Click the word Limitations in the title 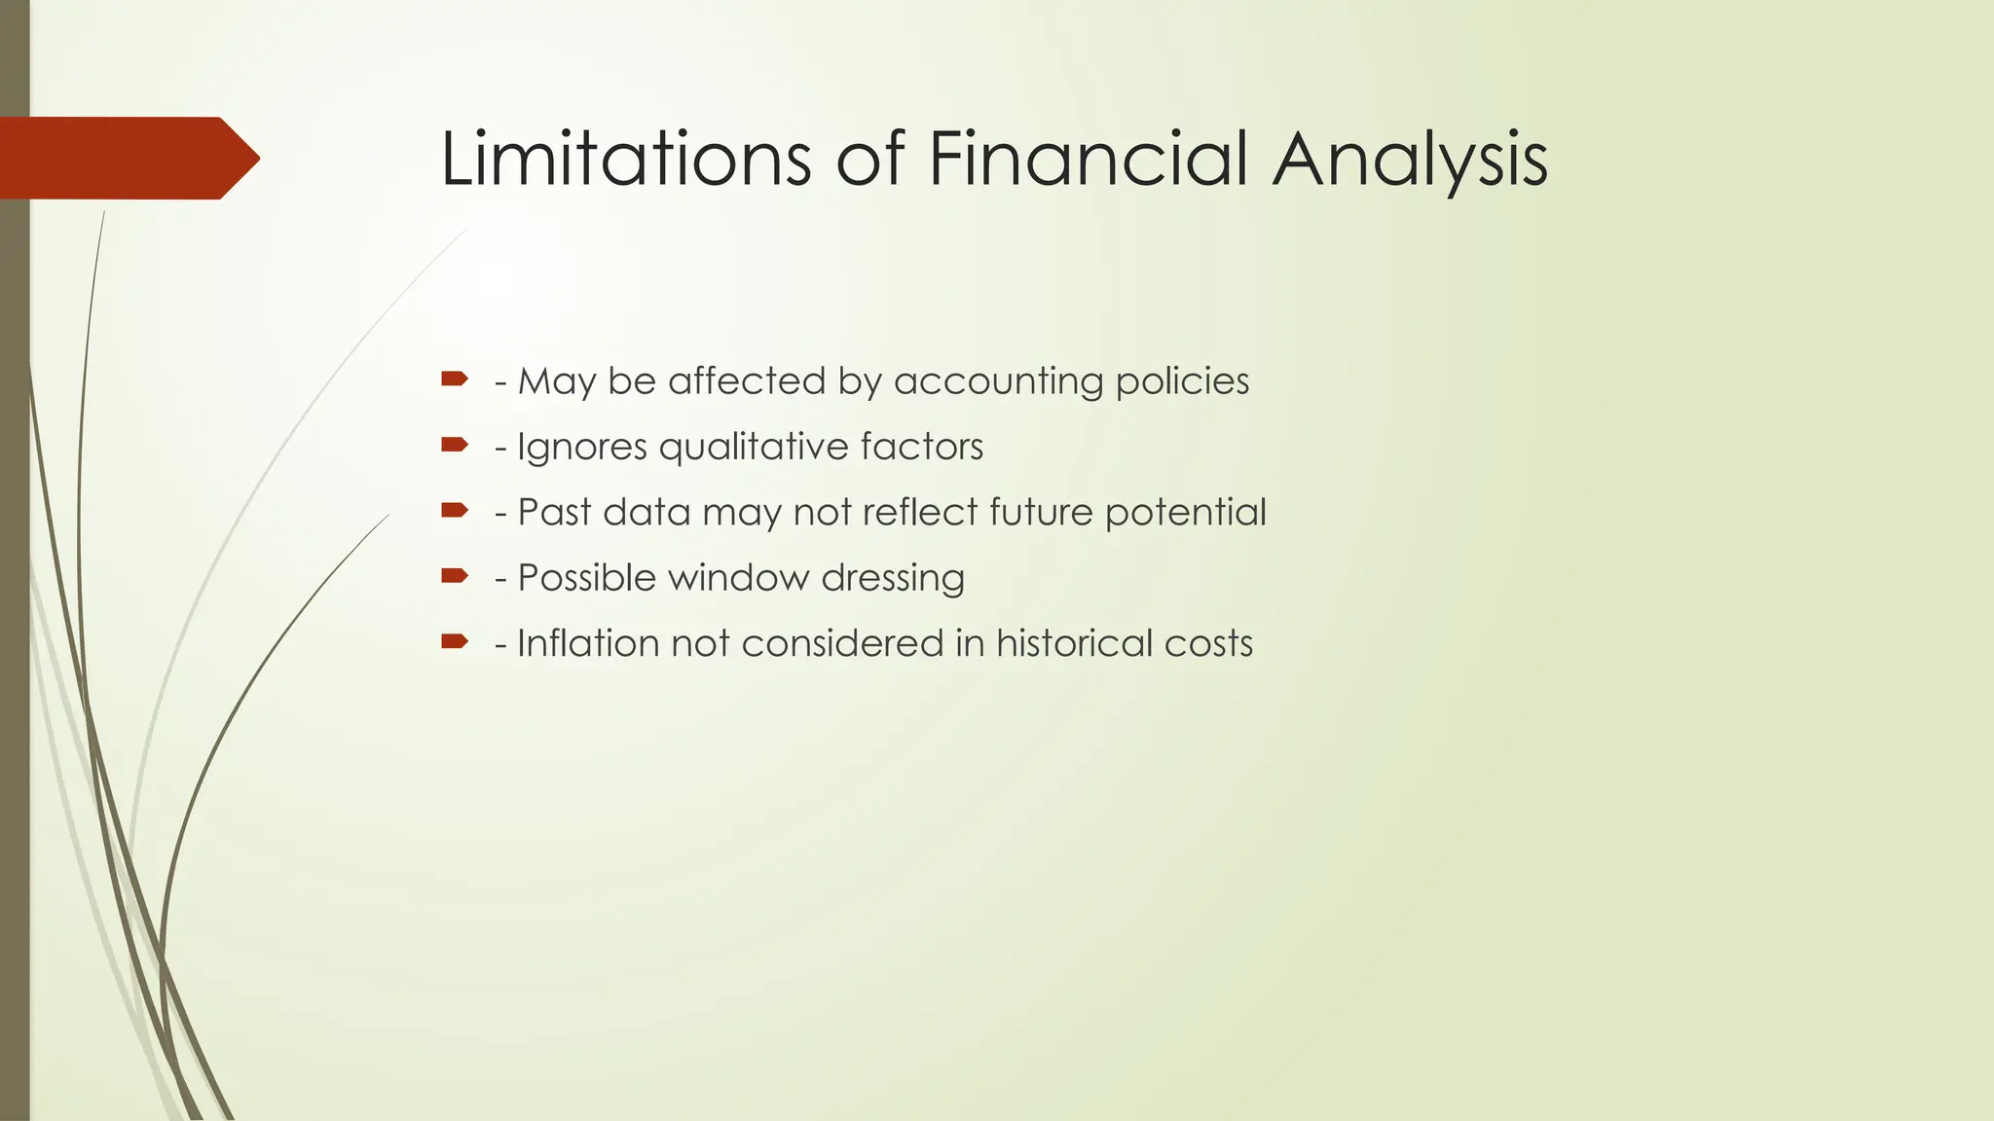(625, 159)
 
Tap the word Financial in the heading (1088, 159)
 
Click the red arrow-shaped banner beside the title (127, 158)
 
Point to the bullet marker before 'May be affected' (455, 379)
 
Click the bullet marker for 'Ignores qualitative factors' (455, 445)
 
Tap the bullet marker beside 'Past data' (455, 510)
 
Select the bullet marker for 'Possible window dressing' (455, 575)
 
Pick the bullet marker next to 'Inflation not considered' (455, 640)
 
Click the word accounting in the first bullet (998, 381)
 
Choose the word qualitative (740, 448)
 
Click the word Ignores (581, 448)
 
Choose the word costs (1212, 644)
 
